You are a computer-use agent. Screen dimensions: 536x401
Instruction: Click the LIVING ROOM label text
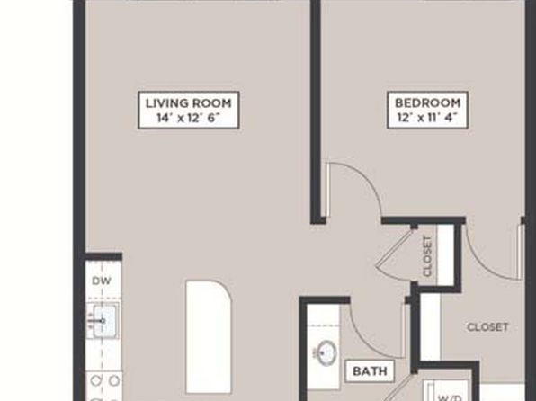[188, 102]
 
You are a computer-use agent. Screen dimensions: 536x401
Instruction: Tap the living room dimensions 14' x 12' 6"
[188, 118]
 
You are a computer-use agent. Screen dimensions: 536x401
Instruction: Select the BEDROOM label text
[428, 102]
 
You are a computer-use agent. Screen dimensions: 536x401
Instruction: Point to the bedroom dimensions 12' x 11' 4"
[427, 118]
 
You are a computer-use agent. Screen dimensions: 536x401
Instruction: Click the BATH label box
[370, 370]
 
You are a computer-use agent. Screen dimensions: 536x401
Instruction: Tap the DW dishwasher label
[102, 281]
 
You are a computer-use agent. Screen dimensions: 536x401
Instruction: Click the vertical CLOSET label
[427, 256]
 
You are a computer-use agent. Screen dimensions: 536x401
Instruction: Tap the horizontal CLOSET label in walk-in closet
[487, 327]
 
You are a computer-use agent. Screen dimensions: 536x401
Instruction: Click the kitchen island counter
[208, 337]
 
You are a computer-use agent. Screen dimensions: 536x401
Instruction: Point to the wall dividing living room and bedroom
[316, 111]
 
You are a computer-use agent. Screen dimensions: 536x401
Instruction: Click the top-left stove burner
[96, 381]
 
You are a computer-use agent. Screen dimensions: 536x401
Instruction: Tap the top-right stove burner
[114, 381]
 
